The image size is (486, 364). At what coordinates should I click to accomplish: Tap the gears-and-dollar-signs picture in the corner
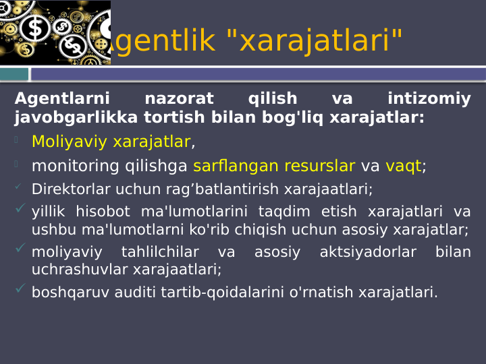click(x=55, y=32)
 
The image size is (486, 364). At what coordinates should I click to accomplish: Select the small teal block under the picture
click(x=14, y=73)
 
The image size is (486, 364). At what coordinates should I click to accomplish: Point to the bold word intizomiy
click(x=429, y=99)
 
